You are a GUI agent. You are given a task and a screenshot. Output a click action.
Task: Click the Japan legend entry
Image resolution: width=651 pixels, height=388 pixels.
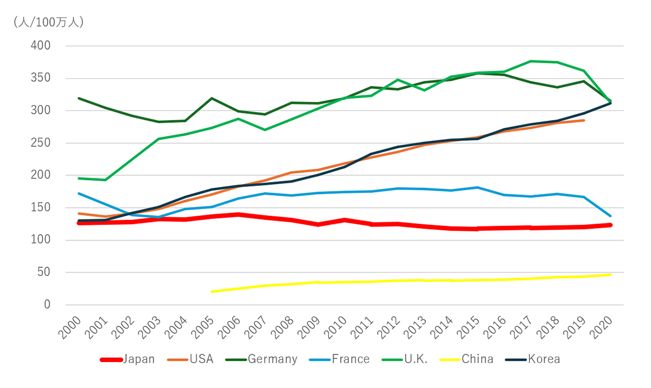pos(128,359)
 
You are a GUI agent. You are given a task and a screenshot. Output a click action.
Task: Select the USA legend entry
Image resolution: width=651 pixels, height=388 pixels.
pos(189,359)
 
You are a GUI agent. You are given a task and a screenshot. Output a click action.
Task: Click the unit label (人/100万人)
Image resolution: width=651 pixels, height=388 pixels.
pos(48,22)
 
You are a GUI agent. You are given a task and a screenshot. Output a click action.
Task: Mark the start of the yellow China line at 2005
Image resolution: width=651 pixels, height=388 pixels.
pos(212,292)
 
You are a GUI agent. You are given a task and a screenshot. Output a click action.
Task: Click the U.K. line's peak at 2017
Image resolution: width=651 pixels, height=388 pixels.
pos(531,61)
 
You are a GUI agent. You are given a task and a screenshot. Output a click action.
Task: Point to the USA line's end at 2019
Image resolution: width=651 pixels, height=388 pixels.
pos(584,120)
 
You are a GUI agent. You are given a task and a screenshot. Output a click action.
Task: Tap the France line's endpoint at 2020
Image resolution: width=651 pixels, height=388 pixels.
pos(610,216)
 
